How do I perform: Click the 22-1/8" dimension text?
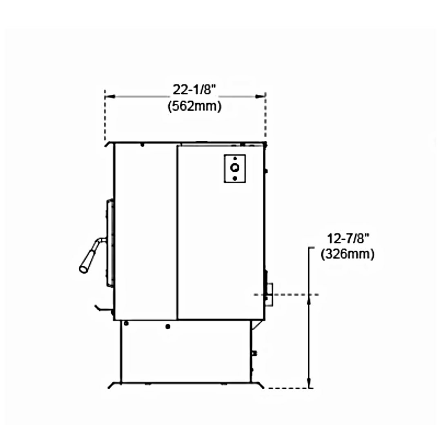[x=194, y=90]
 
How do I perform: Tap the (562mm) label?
[x=195, y=106]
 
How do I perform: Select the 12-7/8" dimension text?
[x=347, y=239]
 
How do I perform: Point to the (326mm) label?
[x=347, y=254]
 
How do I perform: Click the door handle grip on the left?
[x=87, y=260]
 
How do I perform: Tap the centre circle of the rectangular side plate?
[x=235, y=168]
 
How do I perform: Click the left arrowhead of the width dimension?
[x=110, y=96]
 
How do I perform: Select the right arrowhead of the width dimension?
[x=261, y=96]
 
